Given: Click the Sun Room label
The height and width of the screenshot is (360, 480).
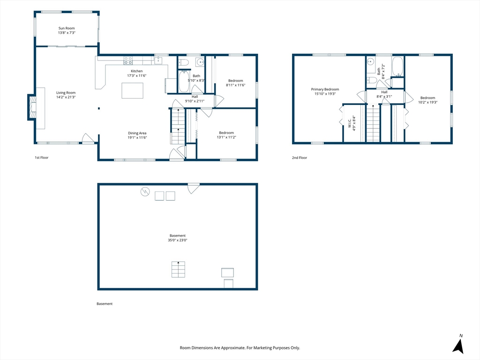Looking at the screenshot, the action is coord(67,28).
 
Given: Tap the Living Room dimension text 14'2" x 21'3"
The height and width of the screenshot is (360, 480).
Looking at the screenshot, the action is coord(66,97).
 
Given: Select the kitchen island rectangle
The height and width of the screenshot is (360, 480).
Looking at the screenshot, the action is coord(132,90).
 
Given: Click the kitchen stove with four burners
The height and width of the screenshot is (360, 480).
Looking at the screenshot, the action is coord(128,60).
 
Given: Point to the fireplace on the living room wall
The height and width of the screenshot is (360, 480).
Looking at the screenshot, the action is coord(32,107).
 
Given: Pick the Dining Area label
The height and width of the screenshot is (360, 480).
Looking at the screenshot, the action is coord(137,133).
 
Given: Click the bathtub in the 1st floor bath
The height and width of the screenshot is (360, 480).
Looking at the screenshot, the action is coord(184,81).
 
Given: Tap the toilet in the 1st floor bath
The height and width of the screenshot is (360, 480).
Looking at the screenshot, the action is coord(184,62).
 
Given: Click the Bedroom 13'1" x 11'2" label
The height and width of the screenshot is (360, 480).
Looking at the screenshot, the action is coord(226,135).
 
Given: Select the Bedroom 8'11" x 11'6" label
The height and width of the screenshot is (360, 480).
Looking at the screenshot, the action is coord(236,83).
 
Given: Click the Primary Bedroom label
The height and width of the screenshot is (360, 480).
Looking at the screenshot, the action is coord(325,90).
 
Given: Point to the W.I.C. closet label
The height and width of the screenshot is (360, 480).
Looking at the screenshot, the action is coord(349,123).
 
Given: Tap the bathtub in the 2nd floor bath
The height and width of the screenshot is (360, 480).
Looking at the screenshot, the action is coord(397,66).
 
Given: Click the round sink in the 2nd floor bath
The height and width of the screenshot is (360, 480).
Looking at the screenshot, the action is coord(370,62).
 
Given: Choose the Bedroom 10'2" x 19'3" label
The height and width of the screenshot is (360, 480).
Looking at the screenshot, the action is coord(427,100).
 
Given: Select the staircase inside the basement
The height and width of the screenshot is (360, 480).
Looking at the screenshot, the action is coord(178,270).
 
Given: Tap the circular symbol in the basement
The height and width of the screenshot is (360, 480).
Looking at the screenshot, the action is coord(145,192).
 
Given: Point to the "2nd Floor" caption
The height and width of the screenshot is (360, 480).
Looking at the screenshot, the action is coord(300,157).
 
